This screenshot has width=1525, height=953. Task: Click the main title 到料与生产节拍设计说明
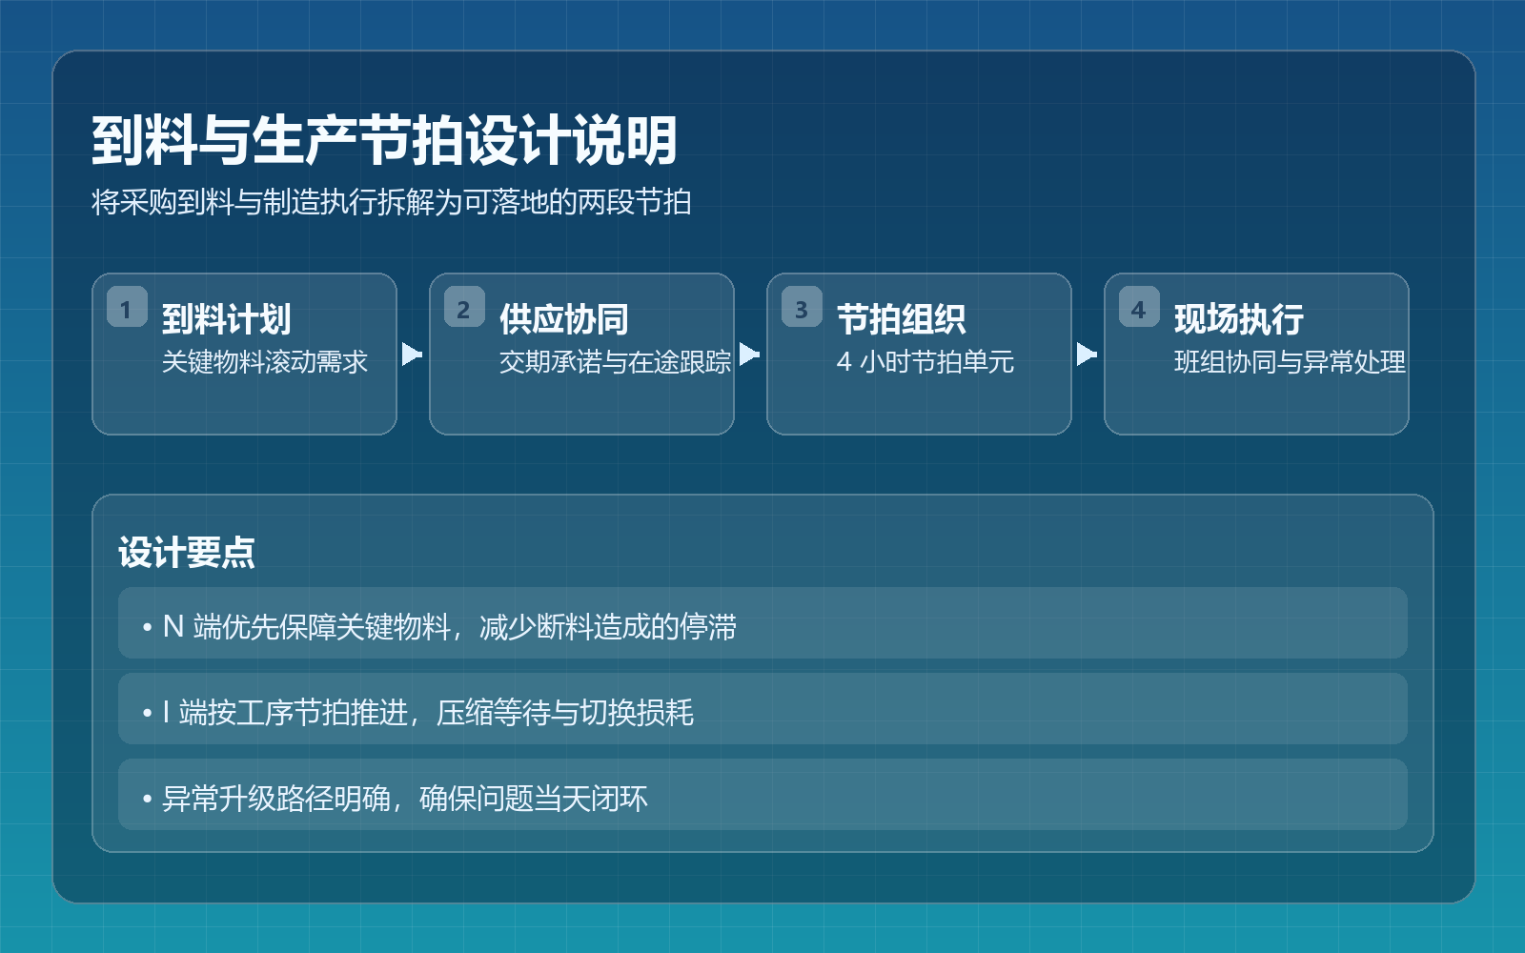click(385, 141)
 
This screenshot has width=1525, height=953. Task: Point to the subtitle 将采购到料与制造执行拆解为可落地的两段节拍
click(392, 202)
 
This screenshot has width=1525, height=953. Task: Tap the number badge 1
click(127, 307)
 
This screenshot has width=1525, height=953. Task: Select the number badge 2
click(464, 307)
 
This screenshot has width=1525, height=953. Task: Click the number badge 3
click(802, 307)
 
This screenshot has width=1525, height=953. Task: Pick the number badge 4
click(1139, 307)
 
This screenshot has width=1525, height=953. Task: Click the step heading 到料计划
click(227, 318)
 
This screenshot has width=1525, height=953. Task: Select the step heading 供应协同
click(563, 318)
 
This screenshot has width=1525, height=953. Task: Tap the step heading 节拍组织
click(902, 318)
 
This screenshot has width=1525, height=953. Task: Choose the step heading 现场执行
click(1239, 318)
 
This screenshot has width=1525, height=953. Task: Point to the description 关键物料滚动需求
click(265, 361)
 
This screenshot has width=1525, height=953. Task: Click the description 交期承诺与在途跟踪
click(616, 361)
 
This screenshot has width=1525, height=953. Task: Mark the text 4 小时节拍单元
click(925, 361)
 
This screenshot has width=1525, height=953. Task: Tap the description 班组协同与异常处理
click(1291, 361)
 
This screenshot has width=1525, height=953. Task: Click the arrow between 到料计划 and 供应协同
click(412, 354)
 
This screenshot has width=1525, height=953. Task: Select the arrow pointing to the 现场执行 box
click(1087, 354)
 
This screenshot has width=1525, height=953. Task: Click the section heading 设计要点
click(187, 552)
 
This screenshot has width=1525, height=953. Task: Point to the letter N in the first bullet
click(173, 626)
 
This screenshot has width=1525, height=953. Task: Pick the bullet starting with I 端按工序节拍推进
click(418, 713)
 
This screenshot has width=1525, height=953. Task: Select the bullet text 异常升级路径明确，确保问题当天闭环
click(396, 799)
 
